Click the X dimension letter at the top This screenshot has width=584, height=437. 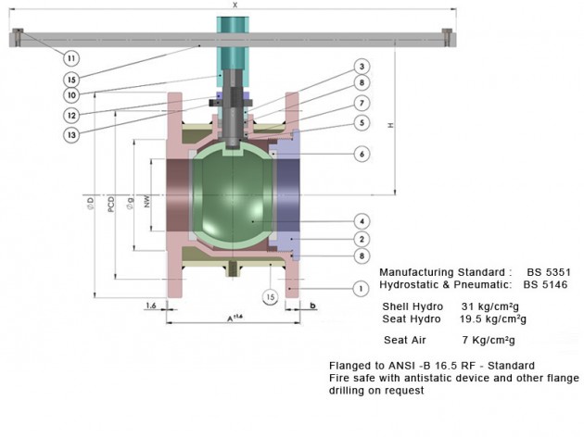click(x=235, y=6)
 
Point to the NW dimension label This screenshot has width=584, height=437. click(x=147, y=198)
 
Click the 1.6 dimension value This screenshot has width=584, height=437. click(x=150, y=303)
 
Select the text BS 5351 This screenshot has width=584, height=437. click(x=548, y=272)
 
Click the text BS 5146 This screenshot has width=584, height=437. click(x=548, y=285)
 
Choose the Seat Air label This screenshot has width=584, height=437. click(x=403, y=340)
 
